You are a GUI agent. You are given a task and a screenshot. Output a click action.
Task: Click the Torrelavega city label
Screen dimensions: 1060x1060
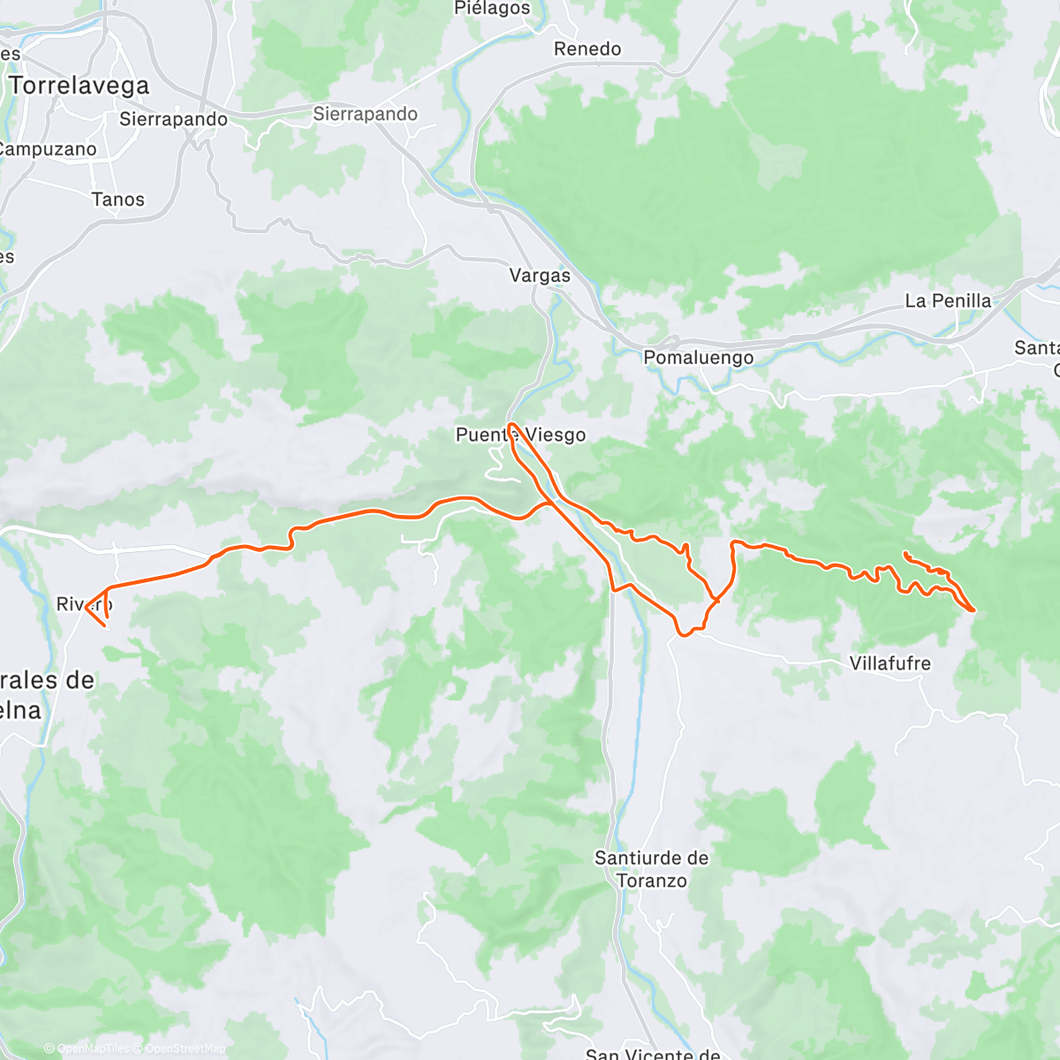(79, 86)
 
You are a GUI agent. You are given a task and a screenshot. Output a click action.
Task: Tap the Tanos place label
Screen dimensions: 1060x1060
(117, 200)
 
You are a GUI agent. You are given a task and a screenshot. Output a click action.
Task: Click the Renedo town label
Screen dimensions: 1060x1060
(587, 49)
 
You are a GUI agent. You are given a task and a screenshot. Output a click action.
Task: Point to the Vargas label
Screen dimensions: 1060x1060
(540, 276)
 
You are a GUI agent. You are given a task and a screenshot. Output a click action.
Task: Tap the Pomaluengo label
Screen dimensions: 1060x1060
(698, 358)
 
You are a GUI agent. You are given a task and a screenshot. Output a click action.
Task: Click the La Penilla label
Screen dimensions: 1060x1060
(948, 301)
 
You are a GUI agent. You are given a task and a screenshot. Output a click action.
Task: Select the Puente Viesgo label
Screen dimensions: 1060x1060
(520, 435)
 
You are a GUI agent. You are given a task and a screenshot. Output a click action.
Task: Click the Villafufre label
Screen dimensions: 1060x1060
(890, 663)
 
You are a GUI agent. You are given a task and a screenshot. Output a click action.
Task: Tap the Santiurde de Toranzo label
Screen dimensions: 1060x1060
(651, 869)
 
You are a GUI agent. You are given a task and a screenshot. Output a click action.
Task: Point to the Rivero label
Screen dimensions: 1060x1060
(84, 604)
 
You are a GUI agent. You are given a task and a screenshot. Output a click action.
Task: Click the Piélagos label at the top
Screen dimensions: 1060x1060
(492, 9)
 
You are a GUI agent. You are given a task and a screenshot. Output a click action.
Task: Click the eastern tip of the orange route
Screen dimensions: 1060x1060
(973, 609)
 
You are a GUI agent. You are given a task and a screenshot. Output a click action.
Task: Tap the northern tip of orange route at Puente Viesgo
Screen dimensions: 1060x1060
(511, 425)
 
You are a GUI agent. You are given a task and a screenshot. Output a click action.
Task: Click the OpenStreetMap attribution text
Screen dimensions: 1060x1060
(185, 1049)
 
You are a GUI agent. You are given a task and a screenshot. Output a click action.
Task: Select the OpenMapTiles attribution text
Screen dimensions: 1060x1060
(93, 1049)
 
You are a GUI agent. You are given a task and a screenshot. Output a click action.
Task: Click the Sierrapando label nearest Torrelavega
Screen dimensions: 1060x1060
(173, 119)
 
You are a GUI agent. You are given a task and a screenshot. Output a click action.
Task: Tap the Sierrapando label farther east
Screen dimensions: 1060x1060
(365, 114)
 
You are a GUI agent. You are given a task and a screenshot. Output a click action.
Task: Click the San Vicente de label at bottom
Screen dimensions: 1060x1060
(653, 1054)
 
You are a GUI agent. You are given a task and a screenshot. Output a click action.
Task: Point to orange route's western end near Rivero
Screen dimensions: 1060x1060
(86, 605)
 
